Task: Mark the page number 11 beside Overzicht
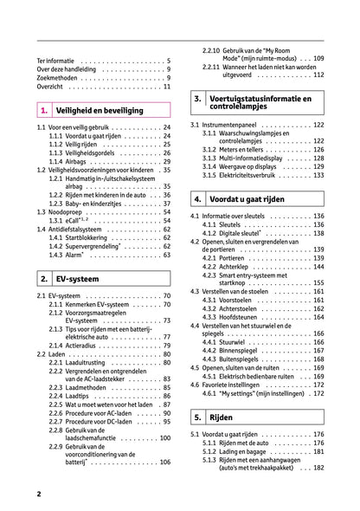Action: (x=166, y=87)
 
